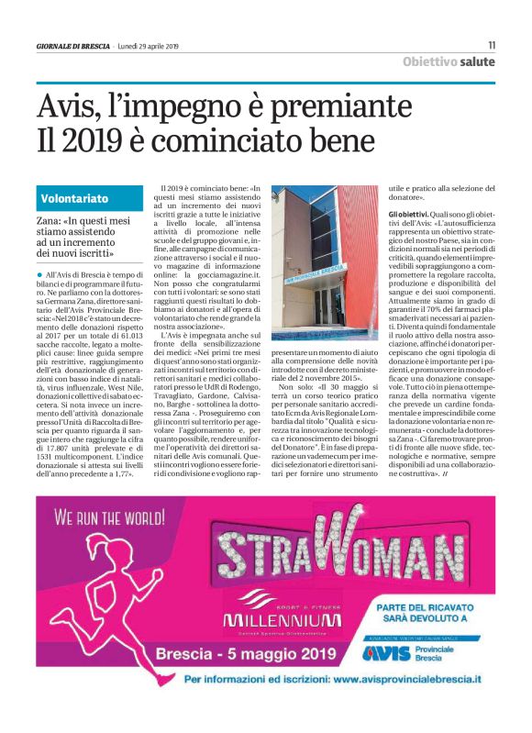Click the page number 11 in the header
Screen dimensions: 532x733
pos(492,45)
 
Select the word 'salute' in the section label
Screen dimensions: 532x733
pos(479,61)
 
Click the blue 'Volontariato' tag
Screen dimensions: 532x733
pos(75,198)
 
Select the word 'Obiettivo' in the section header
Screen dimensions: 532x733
pos(430,61)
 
